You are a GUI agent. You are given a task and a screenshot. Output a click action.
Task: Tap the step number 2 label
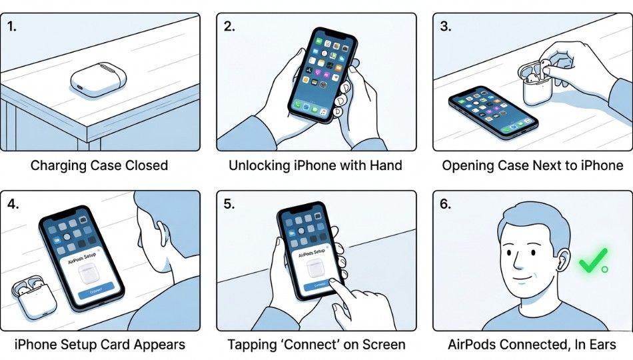click(x=229, y=27)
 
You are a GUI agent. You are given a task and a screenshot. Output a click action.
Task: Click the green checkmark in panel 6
click(x=592, y=261)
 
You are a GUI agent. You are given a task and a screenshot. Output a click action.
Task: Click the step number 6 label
click(x=446, y=205)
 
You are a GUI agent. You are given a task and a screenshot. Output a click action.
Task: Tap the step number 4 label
click(x=13, y=205)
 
